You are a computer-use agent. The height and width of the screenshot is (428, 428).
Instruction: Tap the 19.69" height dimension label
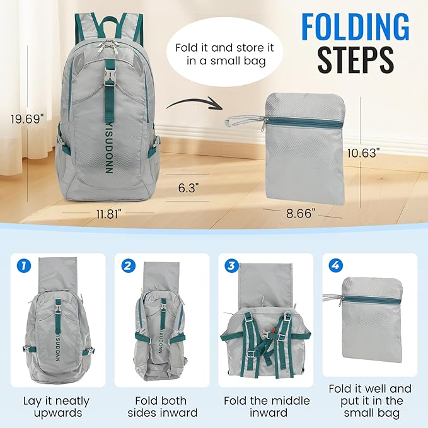tap(30, 118)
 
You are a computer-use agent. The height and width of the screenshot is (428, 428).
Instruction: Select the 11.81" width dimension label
tap(109, 214)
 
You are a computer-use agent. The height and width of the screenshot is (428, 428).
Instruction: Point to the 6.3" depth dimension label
tap(188, 188)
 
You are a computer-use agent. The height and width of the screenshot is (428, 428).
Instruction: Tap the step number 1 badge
tap(23, 265)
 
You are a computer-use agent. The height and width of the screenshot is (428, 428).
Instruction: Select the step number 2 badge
tap(129, 265)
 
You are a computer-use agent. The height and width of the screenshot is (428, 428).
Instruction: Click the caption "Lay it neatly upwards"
tap(57, 407)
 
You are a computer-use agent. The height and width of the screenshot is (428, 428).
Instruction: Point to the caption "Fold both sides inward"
tap(162, 407)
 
